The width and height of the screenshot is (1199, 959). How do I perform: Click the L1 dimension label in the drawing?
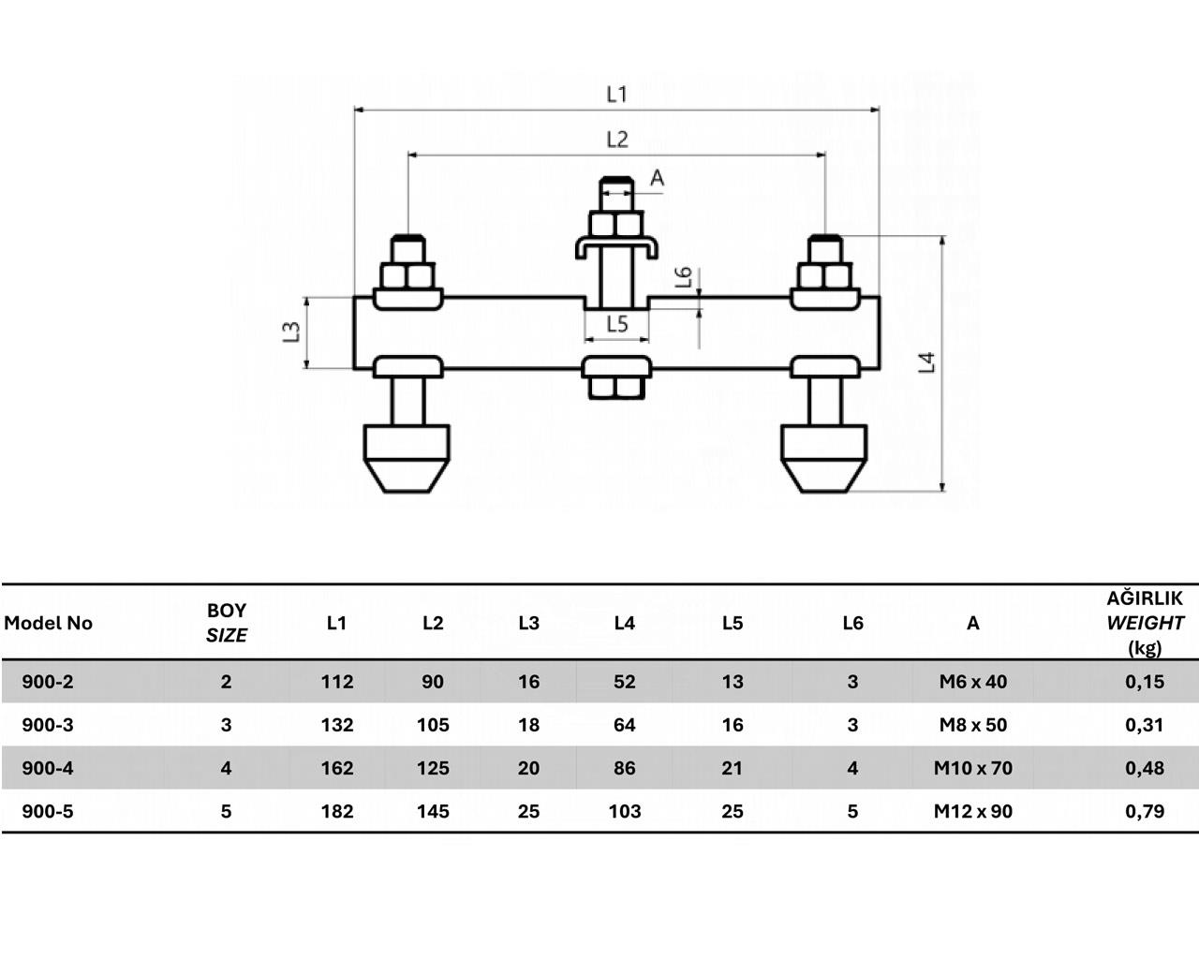click(x=616, y=95)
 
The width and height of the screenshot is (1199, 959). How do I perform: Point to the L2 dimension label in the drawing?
click(x=617, y=140)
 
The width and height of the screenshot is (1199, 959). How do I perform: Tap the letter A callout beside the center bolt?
click(x=658, y=178)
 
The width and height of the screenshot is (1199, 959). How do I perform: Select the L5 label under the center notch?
click(x=617, y=324)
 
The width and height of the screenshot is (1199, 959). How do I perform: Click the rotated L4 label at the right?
click(x=926, y=362)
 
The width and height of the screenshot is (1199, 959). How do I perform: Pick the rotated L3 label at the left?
click(x=291, y=332)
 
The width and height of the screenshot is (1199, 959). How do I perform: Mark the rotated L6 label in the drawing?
click(x=684, y=277)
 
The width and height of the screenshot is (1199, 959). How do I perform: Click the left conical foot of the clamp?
click(x=407, y=459)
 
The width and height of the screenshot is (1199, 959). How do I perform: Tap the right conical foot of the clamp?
click(x=824, y=459)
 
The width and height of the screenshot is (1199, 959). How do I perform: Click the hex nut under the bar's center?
click(x=616, y=388)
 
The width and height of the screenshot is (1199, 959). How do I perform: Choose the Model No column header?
click(x=49, y=623)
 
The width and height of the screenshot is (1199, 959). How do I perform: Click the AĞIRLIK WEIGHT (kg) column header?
click(x=1145, y=623)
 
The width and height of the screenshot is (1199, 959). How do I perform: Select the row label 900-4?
click(x=48, y=768)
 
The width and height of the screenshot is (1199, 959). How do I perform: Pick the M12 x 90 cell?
click(x=973, y=811)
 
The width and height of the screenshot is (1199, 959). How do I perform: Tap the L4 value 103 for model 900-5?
click(x=625, y=811)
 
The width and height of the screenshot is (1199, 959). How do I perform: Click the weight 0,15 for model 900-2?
click(x=1145, y=682)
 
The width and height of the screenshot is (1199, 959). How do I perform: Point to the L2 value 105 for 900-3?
click(x=433, y=725)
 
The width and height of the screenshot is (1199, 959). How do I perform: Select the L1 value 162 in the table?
click(x=337, y=768)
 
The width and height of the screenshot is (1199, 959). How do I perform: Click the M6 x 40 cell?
click(x=973, y=682)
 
